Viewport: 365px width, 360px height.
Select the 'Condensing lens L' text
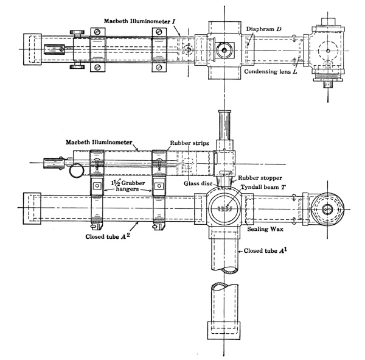[x=269, y=71]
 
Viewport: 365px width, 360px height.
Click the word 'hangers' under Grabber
[x=122, y=189]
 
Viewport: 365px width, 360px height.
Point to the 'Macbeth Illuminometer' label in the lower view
[x=99, y=142]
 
